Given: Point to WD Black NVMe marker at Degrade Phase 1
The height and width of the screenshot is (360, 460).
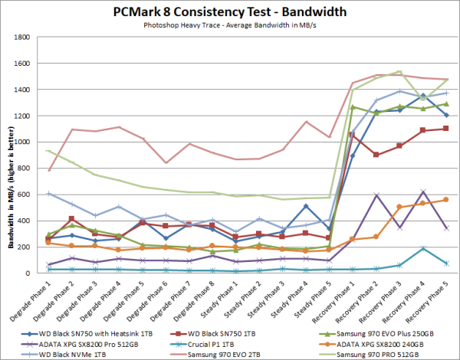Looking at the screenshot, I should coord(50,194).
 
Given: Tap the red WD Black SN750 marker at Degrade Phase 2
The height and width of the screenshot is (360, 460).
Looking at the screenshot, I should coord(71,219).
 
